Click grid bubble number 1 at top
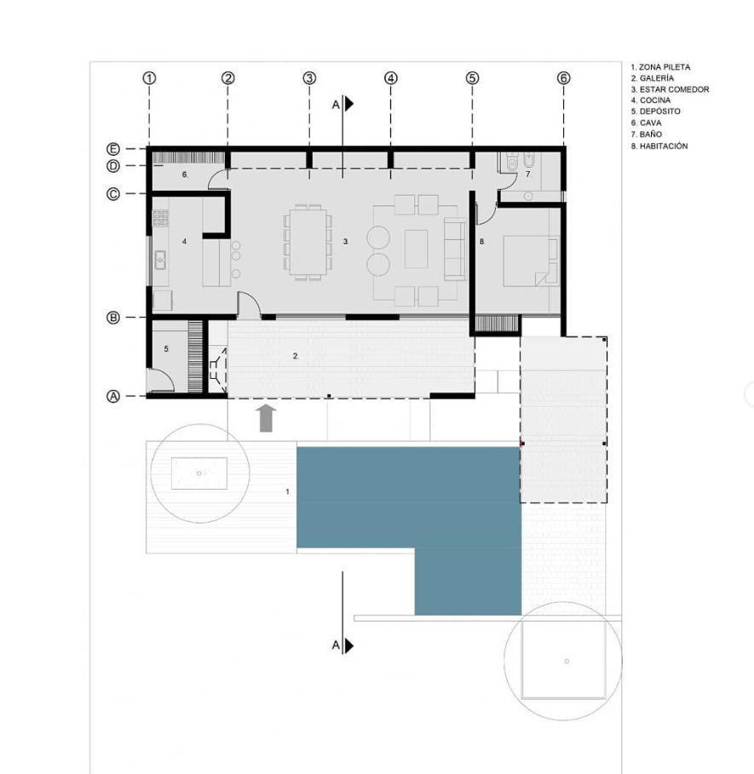tap(149, 78)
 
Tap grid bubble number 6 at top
tap(563, 78)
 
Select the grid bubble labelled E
tap(113, 149)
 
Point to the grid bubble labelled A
tap(113, 397)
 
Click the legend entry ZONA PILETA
tap(660, 67)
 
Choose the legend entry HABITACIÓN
tap(659, 146)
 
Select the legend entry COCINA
tap(651, 100)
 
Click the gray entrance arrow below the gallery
tap(266, 418)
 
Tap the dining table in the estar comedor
tap(308, 243)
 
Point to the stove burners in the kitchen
tap(160, 218)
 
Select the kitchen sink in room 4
tap(160, 261)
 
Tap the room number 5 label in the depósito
tap(166, 349)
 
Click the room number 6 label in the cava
tap(184, 175)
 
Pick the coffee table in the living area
tap(417, 249)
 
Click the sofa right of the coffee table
tap(455, 249)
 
